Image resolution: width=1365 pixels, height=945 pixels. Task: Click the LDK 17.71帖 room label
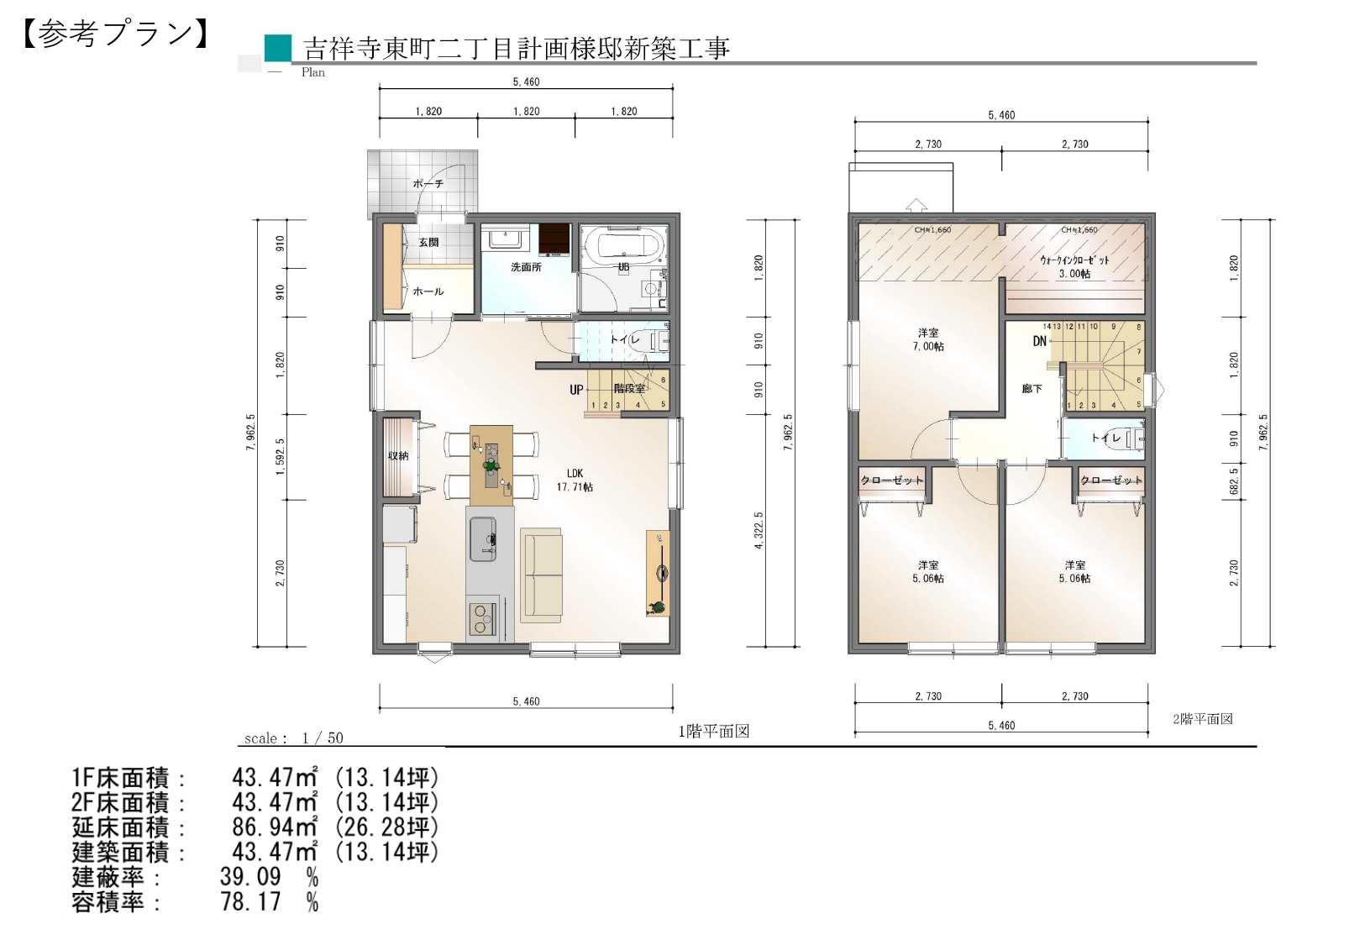(x=575, y=480)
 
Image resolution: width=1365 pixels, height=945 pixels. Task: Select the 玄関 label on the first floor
(x=428, y=242)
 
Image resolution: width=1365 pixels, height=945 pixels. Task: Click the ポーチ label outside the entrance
(x=428, y=183)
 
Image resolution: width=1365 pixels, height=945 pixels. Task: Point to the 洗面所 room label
(x=526, y=267)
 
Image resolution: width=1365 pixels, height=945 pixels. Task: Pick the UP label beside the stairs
(x=576, y=390)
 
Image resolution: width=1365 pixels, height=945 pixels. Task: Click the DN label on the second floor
(x=1040, y=341)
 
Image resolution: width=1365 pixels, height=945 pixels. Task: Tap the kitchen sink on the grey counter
(x=483, y=539)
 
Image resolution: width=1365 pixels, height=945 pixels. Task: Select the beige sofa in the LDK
(x=540, y=575)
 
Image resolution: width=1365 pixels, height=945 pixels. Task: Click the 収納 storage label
(x=398, y=456)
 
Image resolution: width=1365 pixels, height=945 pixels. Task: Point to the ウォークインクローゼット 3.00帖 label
(x=1074, y=267)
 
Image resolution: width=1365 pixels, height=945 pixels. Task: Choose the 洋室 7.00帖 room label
(x=928, y=339)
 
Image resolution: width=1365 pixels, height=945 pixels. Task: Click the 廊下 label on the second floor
(x=1032, y=389)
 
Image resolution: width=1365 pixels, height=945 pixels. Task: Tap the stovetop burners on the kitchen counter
(x=482, y=619)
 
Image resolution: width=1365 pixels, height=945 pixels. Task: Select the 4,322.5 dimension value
(x=759, y=530)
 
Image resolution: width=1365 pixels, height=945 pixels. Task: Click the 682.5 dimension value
(x=1234, y=481)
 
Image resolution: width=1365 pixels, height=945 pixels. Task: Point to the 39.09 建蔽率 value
(x=250, y=877)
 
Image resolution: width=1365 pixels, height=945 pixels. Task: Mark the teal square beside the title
(x=278, y=48)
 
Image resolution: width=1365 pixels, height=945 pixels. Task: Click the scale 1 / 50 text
(x=294, y=738)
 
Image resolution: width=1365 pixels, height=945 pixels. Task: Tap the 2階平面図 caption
(x=1202, y=719)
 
